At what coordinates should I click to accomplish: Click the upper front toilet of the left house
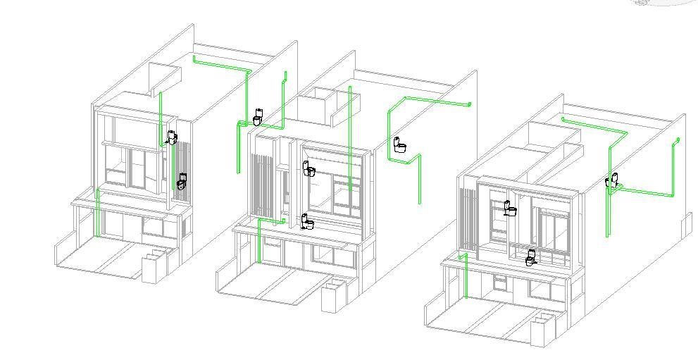click(173, 137)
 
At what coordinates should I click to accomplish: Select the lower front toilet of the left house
click(182, 181)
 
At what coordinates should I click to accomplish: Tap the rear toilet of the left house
click(258, 116)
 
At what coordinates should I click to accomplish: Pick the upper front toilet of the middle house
click(309, 168)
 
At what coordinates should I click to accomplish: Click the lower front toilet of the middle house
click(307, 222)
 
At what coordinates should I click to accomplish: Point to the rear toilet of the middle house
click(400, 145)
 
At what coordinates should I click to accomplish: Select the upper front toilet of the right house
click(510, 208)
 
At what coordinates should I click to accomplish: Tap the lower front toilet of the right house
click(532, 257)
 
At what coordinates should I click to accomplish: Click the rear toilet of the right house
click(613, 180)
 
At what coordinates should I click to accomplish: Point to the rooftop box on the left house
click(166, 79)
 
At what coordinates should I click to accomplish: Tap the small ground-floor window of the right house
click(500, 283)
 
